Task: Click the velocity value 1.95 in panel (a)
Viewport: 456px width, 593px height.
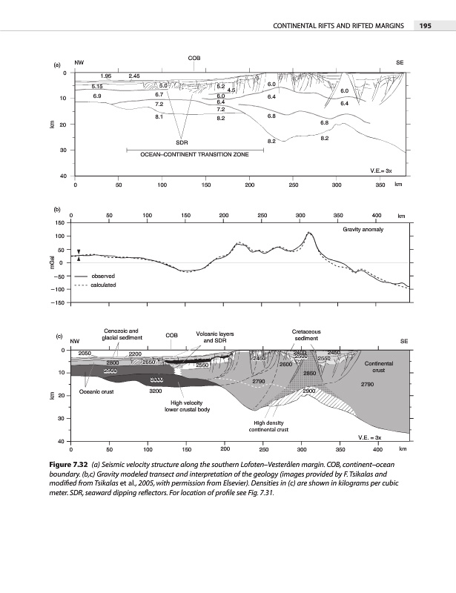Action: click(x=106, y=76)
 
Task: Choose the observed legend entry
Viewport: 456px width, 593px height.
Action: click(x=104, y=276)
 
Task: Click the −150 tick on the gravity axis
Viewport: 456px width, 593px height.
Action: click(x=56, y=302)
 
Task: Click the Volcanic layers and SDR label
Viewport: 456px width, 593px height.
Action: click(x=214, y=337)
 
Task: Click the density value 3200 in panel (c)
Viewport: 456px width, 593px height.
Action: click(x=156, y=390)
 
